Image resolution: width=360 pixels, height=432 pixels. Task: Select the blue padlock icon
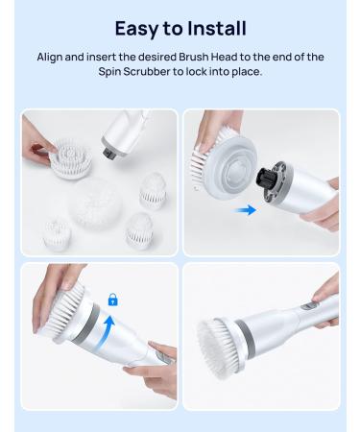112,300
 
